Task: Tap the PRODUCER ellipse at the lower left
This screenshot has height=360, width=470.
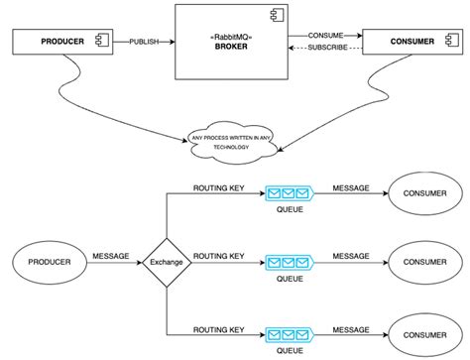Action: [46, 263]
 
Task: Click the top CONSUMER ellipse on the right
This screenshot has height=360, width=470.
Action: [422, 194]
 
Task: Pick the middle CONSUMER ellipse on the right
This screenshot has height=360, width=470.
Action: [422, 263]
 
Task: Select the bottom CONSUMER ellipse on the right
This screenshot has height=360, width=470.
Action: [422, 331]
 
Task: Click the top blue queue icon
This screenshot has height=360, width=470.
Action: [289, 194]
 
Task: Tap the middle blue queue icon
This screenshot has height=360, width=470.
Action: [289, 263]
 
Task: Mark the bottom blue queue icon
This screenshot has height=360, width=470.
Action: [289, 331]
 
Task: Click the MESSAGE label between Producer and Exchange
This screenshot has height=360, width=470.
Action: [110, 256]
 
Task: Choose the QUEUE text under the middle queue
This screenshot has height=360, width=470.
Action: [290, 279]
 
